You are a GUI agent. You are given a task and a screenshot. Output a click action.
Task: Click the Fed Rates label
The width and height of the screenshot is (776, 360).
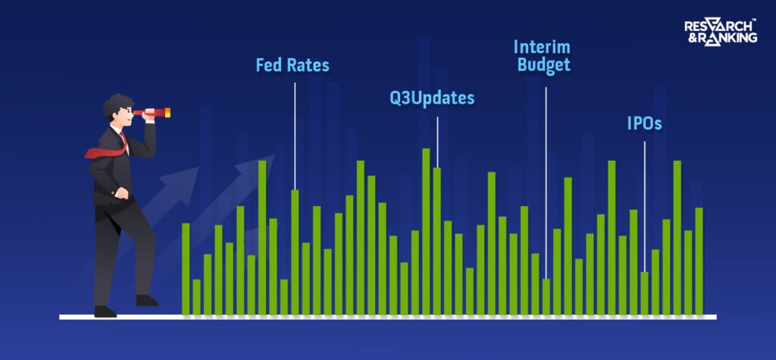(292, 65)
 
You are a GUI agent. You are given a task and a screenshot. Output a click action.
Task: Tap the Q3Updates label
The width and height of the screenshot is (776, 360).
(432, 99)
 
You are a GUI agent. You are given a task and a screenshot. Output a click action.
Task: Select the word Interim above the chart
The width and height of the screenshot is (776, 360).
(543, 46)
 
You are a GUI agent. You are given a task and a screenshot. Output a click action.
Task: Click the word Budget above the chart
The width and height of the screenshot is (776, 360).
(543, 65)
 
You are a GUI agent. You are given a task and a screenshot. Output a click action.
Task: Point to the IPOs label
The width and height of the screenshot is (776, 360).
(644, 124)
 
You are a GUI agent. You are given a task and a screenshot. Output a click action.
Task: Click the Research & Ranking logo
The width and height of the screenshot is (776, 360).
(720, 31)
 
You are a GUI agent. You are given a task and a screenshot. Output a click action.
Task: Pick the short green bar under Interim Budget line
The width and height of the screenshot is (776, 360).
(546, 296)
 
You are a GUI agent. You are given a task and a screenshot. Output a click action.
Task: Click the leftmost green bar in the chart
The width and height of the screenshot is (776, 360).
(186, 269)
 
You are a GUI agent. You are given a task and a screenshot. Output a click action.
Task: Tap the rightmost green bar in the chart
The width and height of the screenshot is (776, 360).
(699, 261)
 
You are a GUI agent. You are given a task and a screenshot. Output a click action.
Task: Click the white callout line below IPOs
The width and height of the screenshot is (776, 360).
(644, 205)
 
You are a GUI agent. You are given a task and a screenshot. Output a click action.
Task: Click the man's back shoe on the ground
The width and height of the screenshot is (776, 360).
(105, 311)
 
